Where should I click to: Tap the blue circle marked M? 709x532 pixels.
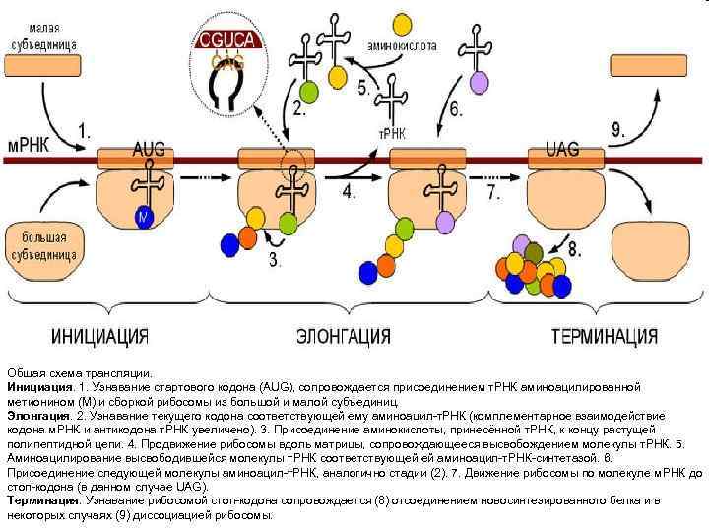tap(145, 217)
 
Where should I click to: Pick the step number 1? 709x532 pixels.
tap(85, 128)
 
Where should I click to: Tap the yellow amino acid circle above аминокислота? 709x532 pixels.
tap(402, 22)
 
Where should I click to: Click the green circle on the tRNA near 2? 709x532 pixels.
tap(309, 92)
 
